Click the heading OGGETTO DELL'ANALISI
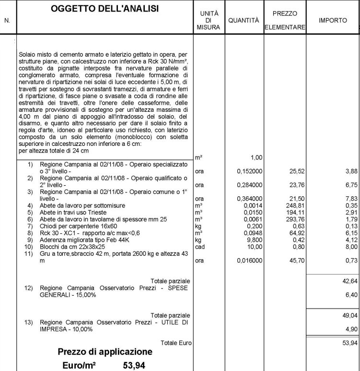[105, 9]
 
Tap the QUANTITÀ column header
[244, 21]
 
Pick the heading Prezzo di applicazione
[105, 352]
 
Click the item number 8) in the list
[30, 233]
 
